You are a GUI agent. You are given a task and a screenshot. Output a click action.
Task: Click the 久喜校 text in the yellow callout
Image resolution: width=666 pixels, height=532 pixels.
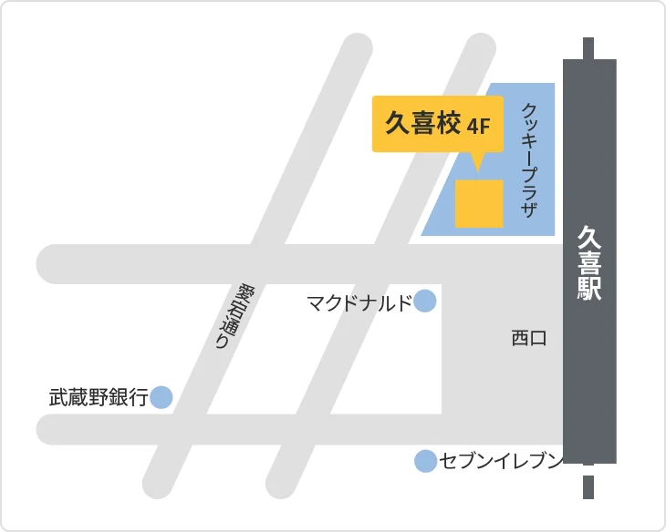pyautogui.click(x=422, y=124)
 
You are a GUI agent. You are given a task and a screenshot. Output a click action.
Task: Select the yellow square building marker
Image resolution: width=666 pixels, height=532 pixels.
pyautogui.click(x=479, y=203)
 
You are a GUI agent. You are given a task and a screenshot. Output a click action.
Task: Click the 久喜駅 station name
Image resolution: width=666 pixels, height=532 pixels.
pyautogui.click(x=589, y=263)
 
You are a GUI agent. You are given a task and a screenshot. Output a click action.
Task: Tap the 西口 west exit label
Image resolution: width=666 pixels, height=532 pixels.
pyautogui.click(x=528, y=339)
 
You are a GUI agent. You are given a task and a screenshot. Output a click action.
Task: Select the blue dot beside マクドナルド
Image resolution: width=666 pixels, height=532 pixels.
pyautogui.click(x=425, y=302)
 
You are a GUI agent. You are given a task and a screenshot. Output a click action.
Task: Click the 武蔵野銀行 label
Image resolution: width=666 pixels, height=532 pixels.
pyautogui.click(x=98, y=398)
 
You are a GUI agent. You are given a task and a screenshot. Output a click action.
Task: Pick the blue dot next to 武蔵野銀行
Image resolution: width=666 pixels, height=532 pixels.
pyautogui.click(x=161, y=397)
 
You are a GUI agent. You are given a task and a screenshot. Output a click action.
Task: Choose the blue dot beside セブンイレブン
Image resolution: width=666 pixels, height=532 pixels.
pyautogui.click(x=425, y=462)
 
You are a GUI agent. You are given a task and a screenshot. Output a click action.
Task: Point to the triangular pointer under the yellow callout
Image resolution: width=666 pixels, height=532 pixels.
pyautogui.click(x=476, y=161)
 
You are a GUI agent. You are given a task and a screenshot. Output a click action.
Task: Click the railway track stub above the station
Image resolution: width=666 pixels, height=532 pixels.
pyautogui.click(x=588, y=47)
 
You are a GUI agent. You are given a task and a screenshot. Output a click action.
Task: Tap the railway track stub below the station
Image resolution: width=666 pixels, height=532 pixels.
pyautogui.click(x=588, y=482)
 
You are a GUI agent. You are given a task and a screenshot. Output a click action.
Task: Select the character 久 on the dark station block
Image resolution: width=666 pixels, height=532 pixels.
pyautogui.click(x=589, y=238)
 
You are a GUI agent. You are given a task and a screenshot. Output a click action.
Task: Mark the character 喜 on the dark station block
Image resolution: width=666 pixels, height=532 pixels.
pyautogui.click(x=589, y=263)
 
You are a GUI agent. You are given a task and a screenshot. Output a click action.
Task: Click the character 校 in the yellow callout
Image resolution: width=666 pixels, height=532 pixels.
pyautogui.click(x=448, y=124)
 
